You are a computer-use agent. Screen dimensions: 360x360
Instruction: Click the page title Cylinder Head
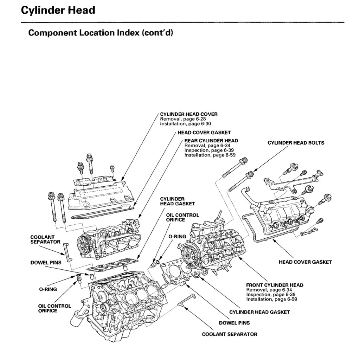pyautogui.click(x=58, y=10)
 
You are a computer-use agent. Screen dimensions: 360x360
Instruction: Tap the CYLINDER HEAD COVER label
pyautogui.click(x=188, y=114)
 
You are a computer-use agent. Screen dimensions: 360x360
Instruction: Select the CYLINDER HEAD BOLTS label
pyautogui.click(x=296, y=143)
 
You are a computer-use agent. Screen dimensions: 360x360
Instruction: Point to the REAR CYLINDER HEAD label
pyautogui.click(x=211, y=141)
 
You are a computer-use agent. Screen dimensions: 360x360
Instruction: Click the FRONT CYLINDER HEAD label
pyautogui.click(x=275, y=285)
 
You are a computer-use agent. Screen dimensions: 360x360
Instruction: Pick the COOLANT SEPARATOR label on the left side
pyautogui.click(x=45, y=239)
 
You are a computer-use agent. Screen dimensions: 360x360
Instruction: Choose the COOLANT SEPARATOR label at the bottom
pyautogui.click(x=229, y=334)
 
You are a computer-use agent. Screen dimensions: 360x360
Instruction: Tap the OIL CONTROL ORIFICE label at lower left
pyautogui.click(x=54, y=308)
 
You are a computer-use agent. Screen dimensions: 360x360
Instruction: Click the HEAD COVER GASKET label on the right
pyautogui.click(x=305, y=262)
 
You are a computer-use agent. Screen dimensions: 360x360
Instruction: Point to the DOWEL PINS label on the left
pyautogui.click(x=46, y=262)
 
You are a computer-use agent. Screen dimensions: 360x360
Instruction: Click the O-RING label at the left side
pyautogui.click(x=48, y=289)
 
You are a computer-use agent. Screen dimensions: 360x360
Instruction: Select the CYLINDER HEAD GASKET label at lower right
pyautogui.click(x=259, y=312)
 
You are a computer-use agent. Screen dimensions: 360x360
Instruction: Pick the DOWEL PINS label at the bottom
pyautogui.click(x=234, y=323)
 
